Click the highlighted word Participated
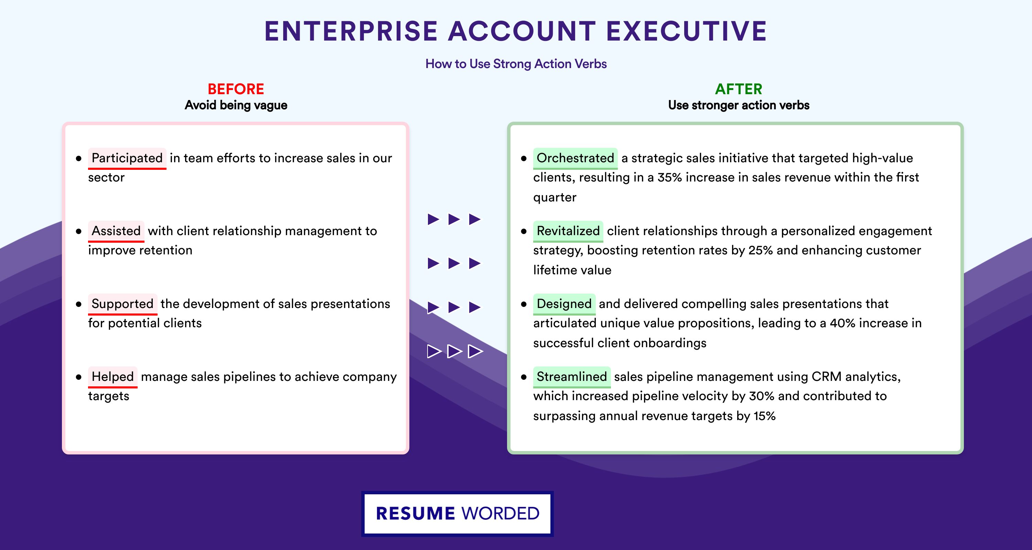127,158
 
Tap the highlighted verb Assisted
116,231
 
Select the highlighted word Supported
122,304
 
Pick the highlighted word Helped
112,377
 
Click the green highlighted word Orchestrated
575,158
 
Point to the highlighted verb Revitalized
568,231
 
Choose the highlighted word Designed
564,304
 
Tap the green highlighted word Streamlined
572,377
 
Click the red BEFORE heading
236,89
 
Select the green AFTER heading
739,89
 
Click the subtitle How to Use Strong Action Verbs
516,64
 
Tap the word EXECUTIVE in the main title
686,31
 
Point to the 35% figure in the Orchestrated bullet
670,177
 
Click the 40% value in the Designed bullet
842,323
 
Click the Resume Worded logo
458,514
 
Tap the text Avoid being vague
236,105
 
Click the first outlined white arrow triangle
434,351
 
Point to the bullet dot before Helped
78,377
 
